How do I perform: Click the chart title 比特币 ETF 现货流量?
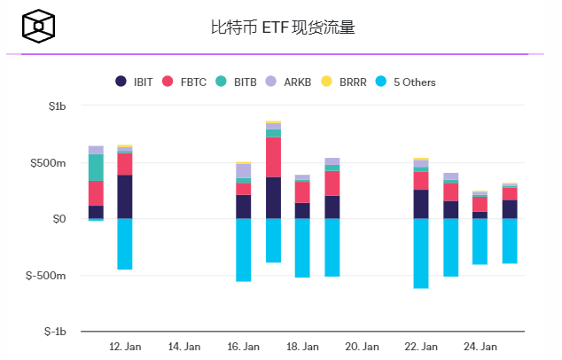pyautogui.click(x=283, y=27)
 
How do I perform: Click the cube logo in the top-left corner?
pyautogui.click(x=38, y=27)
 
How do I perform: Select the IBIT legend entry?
pyautogui.click(x=135, y=82)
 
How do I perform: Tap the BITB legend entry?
pyautogui.click(x=237, y=82)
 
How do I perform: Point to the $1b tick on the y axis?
pyautogui.click(x=55, y=106)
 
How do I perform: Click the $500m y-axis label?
pyautogui.click(x=50, y=163)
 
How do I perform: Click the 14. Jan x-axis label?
pyautogui.click(x=184, y=346)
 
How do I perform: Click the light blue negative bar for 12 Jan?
pyautogui.click(x=125, y=244)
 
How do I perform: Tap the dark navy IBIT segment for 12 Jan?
pyautogui.click(x=125, y=196)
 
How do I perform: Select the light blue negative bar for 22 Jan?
pyautogui.click(x=421, y=253)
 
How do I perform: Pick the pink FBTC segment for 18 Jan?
pyautogui.click(x=302, y=192)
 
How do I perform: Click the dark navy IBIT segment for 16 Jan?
pyautogui.click(x=243, y=207)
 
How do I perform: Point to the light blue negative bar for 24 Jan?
pyautogui.click(x=480, y=241)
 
